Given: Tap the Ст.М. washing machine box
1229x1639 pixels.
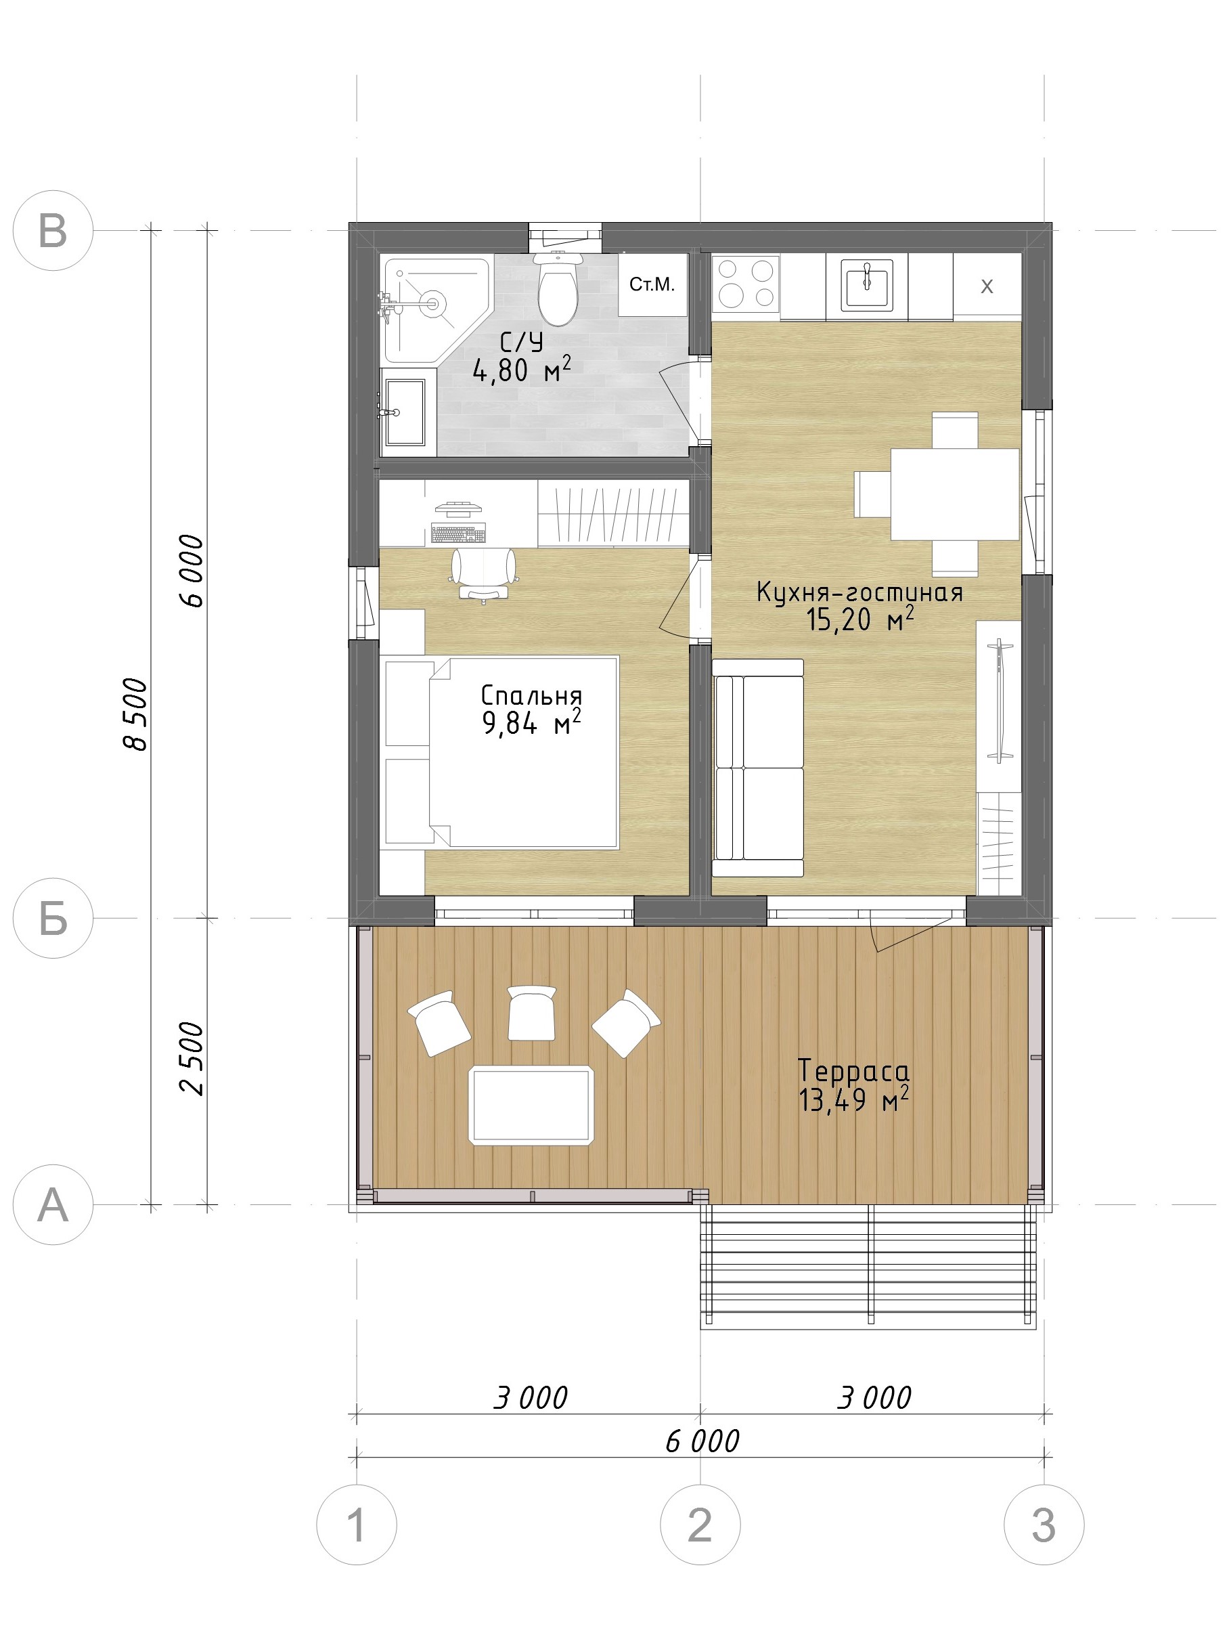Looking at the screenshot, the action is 652,284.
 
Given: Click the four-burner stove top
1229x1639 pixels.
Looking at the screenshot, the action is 746,282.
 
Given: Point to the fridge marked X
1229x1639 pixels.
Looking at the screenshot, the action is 987,287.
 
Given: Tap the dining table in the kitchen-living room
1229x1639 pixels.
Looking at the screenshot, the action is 954,494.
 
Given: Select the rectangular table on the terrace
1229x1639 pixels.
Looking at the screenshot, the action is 532,1105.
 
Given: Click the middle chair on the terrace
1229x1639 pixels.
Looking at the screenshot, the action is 532,1013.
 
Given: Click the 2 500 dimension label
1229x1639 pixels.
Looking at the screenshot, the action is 191,1059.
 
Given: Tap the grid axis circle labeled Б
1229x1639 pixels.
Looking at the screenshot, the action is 53,918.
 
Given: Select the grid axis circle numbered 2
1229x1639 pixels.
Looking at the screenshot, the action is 700,1525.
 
